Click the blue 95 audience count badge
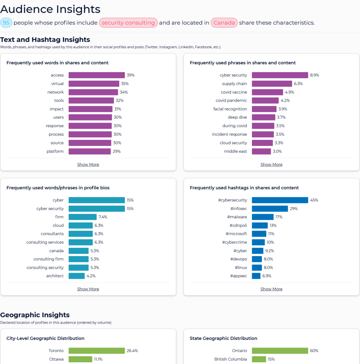(6, 23)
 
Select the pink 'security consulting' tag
(128, 23)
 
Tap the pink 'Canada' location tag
(224, 23)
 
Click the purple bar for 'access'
(97, 75)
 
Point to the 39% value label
(131, 75)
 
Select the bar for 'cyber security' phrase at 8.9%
(280, 75)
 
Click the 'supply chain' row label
(234, 84)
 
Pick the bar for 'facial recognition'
(264, 109)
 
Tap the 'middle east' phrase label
(235, 151)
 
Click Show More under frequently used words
(88, 164)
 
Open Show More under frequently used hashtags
(272, 289)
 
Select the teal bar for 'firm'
(82, 217)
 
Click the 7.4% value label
(103, 217)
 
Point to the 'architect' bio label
(55, 276)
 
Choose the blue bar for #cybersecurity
(280, 200)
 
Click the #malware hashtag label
(237, 217)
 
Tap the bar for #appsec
(256, 276)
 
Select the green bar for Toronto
(97, 350)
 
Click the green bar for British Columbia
(259, 359)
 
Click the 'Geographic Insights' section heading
(35, 315)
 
